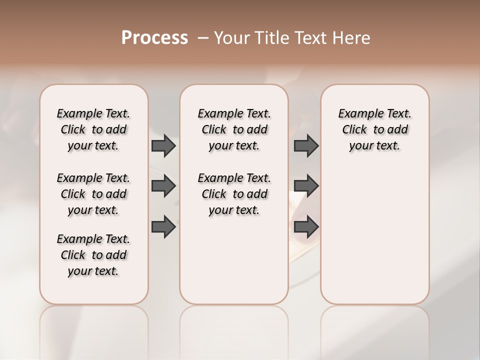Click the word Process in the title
tap(154, 38)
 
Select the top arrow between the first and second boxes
tap(163, 145)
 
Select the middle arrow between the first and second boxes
tap(163, 186)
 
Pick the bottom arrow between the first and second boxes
tap(163, 226)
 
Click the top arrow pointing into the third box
tap(306, 145)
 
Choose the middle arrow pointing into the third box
tap(306, 186)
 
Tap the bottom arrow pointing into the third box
tap(306, 226)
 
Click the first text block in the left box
tap(93, 129)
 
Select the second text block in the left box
tap(93, 194)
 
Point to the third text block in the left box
tap(93, 255)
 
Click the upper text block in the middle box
tap(234, 129)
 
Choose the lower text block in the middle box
tap(234, 194)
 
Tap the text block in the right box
tap(374, 129)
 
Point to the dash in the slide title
tap(203, 38)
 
